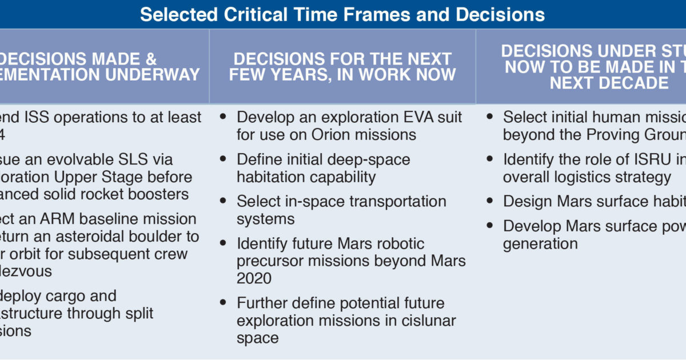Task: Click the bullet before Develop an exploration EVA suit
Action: click(224, 117)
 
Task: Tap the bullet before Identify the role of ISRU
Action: click(490, 159)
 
